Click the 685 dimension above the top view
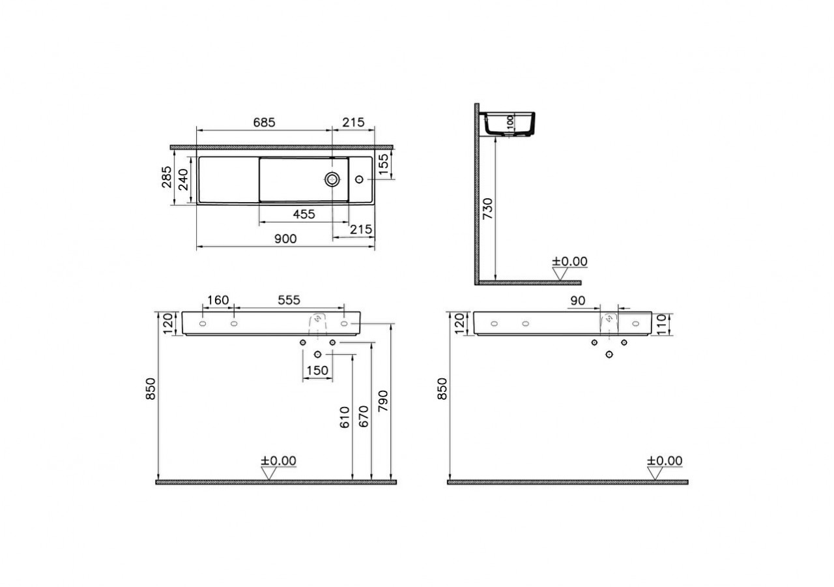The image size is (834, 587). (265, 123)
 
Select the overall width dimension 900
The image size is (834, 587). (285, 239)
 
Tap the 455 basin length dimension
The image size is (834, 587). (304, 214)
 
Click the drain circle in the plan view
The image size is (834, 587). (332, 179)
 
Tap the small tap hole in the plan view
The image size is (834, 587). (359, 179)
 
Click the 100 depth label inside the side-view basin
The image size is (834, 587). (510, 122)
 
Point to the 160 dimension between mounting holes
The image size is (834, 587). (218, 300)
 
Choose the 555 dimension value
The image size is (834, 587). (289, 300)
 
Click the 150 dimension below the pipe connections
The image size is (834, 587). (317, 370)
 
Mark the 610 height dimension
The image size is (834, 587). (345, 416)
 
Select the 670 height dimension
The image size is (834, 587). (364, 416)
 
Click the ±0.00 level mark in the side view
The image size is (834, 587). (569, 262)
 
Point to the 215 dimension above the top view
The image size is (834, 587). (353, 123)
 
